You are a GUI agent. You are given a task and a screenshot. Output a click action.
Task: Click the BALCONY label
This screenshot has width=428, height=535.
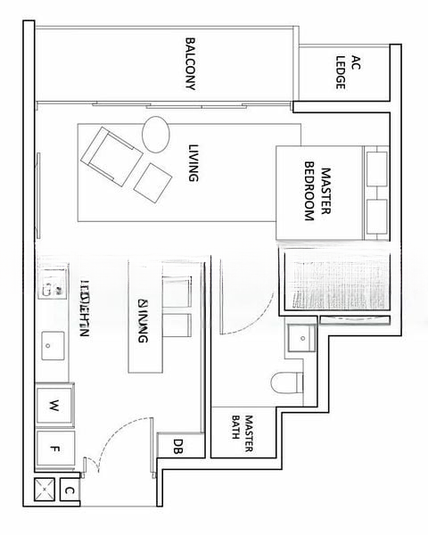click(191, 64)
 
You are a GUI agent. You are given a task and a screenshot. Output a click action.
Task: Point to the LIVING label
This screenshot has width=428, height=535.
click(192, 163)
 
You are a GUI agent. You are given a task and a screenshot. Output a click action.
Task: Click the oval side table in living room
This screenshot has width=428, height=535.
click(155, 134)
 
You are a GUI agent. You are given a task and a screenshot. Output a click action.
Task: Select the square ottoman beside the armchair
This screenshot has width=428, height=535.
click(152, 182)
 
